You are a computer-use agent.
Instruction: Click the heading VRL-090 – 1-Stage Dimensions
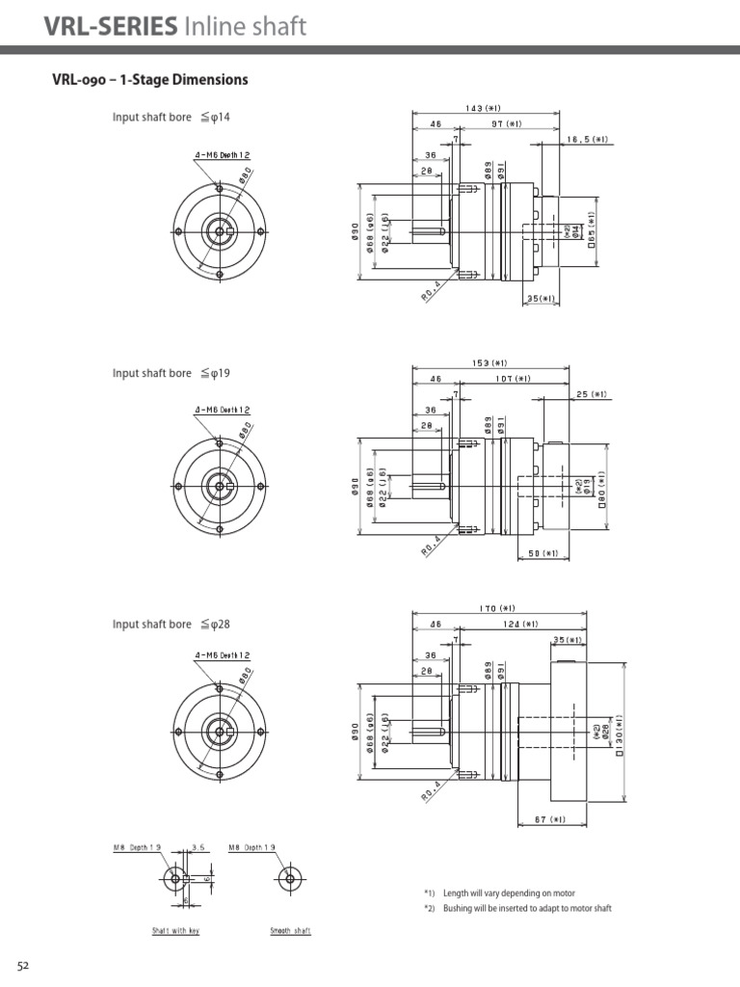[x=149, y=80]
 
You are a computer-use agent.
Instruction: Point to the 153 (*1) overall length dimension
[x=489, y=363]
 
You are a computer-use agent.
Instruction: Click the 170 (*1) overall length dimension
[x=498, y=608]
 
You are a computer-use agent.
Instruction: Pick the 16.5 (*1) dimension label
[x=588, y=139]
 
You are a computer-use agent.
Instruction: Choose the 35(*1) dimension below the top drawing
[x=542, y=299]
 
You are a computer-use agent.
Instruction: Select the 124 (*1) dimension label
[x=521, y=624]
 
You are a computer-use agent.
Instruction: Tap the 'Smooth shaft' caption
[x=290, y=931]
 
